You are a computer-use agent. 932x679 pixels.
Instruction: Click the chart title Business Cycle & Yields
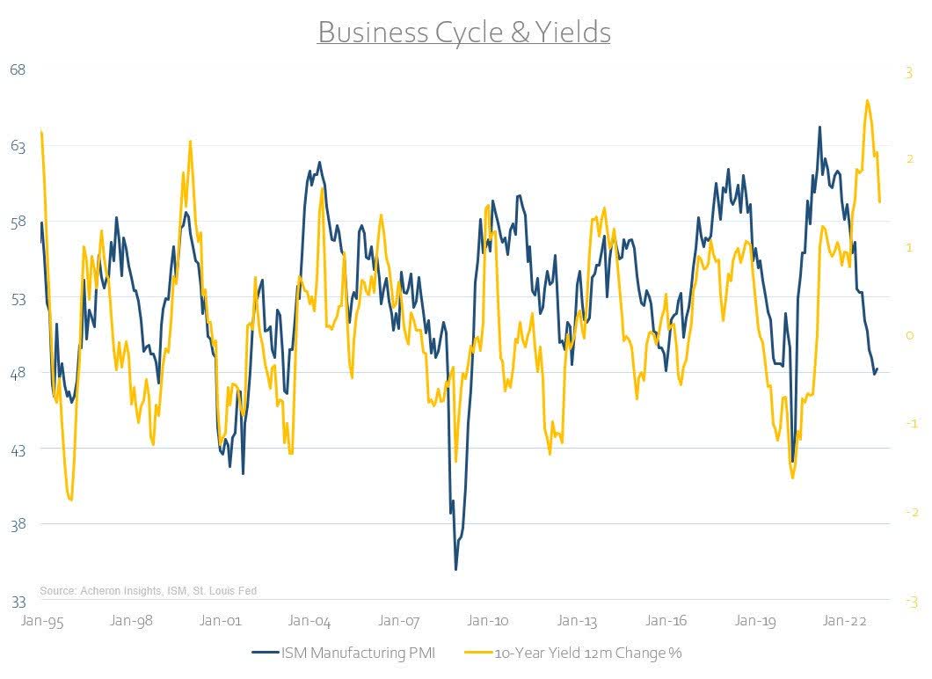(463, 33)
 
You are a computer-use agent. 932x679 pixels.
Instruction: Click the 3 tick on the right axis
(908, 73)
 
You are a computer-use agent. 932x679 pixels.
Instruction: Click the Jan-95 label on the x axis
(40, 620)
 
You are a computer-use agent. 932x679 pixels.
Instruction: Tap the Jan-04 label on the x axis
(310, 620)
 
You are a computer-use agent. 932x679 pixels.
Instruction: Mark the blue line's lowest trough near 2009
(455, 569)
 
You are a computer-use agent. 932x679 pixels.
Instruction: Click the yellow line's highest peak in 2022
(868, 100)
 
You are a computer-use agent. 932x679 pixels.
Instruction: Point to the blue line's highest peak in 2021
(819, 127)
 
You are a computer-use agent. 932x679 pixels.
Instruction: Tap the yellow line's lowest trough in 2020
(792, 478)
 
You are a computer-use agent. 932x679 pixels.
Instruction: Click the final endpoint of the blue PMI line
(877, 369)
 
